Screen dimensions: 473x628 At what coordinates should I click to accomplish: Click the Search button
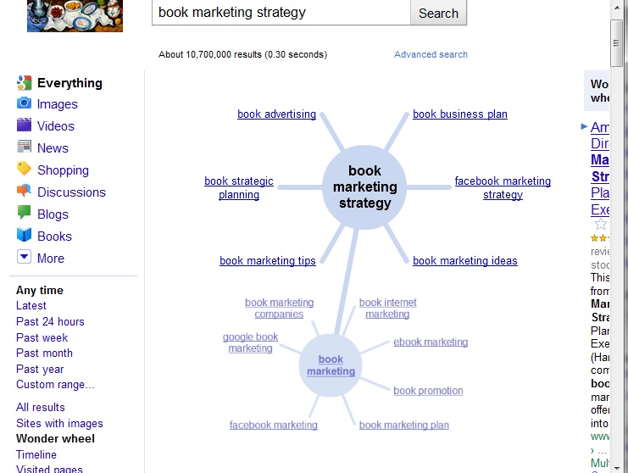438,14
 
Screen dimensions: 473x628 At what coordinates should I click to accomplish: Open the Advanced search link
431,54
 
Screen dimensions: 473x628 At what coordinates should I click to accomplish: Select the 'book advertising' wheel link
276,114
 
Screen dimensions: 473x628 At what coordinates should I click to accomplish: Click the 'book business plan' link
459,114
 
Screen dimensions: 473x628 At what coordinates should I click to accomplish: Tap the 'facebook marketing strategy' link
503,187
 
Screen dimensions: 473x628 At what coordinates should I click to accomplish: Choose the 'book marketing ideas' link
464,260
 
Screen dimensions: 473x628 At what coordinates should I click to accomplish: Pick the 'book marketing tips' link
267,260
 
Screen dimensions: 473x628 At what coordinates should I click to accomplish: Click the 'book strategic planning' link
239,187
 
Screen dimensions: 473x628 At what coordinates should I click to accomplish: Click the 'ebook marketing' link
431,342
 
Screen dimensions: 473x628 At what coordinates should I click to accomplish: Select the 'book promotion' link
428,391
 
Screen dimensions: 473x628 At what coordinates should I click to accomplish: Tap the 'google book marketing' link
250,342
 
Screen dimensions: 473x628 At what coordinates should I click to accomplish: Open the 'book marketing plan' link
404,425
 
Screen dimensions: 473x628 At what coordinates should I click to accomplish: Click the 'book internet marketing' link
387,308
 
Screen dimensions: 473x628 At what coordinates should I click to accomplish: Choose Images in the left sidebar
57,104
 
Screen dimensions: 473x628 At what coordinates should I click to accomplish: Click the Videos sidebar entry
55,126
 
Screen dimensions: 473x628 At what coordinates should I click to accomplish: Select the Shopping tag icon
24,170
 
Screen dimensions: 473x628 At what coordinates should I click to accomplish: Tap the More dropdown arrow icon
24,258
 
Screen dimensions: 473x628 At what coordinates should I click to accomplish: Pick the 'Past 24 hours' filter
50,321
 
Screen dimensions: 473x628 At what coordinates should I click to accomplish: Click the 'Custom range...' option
55,385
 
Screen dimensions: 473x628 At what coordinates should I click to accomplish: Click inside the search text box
280,13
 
